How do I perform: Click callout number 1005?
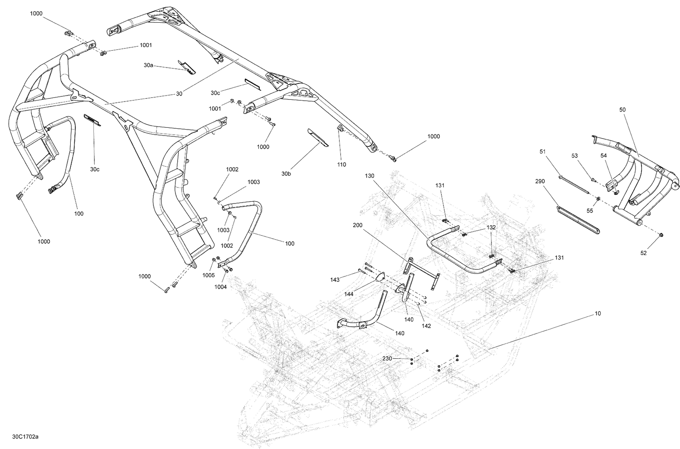point(209,275)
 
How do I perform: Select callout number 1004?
point(221,286)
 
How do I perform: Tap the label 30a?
point(148,65)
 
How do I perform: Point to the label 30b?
point(286,174)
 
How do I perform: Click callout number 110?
point(341,164)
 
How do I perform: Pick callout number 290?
point(539,181)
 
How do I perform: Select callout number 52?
point(644,253)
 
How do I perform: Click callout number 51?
point(543,151)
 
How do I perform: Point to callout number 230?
point(387,358)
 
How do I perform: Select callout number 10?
point(597,313)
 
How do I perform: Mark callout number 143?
point(335,280)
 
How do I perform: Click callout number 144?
point(349,294)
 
